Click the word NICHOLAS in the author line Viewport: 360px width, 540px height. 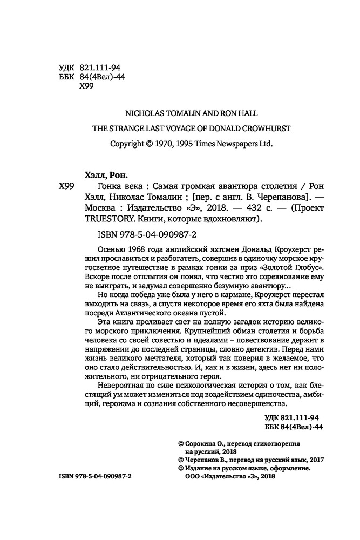pyautogui.click(x=143, y=113)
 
